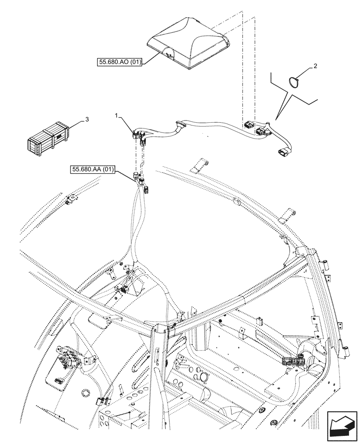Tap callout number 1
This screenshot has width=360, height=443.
click(116, 116)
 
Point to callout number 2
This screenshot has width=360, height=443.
click(315, 66)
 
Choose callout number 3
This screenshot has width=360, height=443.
click(87, 119)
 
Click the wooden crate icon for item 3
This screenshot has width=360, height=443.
click(47, 138)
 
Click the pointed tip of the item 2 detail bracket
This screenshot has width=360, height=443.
click(276, 119)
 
